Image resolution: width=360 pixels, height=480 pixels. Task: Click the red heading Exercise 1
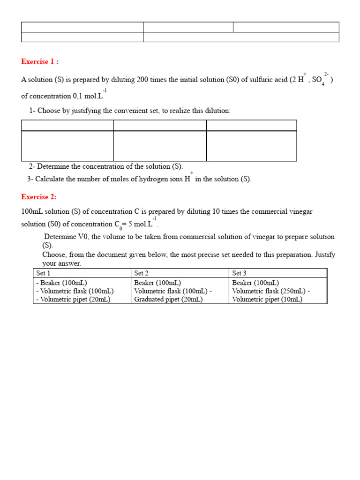(x=39, y=62)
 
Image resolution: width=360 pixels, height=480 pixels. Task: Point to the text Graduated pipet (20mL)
(x=168, y=300)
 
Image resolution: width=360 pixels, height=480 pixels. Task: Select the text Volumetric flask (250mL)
(x=269, y=291)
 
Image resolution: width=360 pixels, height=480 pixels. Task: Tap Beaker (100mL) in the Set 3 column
(x=255, y=283)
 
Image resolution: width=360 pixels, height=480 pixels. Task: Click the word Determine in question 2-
(x=52, y=166)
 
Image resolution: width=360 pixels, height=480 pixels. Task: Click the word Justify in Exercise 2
(x=325, y=255)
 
